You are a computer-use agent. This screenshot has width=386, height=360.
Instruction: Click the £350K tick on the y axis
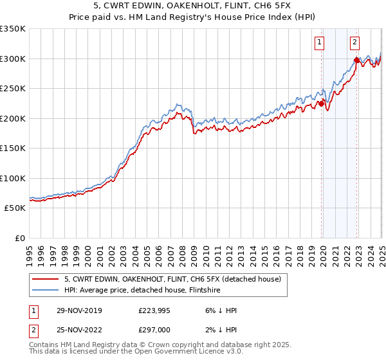(13, 29)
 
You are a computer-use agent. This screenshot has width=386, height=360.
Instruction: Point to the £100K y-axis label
(13, 178)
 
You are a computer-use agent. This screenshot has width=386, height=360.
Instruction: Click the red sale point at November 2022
(356, 60)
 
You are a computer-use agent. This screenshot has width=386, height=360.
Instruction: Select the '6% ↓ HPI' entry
(219, 310)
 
